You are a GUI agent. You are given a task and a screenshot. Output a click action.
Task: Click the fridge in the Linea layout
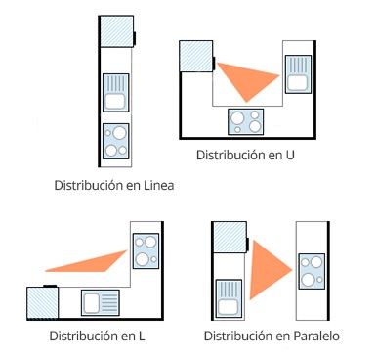[x=116, y=31]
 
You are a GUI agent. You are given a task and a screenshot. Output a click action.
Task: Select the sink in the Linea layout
[x=116, y=93]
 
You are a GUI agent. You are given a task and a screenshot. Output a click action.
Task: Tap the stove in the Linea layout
[x=116, y=142]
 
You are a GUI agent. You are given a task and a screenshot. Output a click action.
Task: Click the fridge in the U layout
[x=196, y=56]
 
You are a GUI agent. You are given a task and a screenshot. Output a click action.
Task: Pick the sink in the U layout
[x=298, y=74]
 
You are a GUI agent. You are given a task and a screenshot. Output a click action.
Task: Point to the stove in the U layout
[x=246, y=122]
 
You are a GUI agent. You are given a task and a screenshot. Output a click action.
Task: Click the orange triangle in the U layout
[x=248, y=80]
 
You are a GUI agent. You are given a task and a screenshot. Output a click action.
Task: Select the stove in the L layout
[x=146, y=250]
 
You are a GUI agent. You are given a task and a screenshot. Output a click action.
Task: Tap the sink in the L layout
[x=101, y=302]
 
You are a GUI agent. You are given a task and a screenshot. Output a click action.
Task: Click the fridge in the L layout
[x=43, y=302]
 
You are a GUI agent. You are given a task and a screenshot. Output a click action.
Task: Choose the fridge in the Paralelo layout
[x=230, y=237]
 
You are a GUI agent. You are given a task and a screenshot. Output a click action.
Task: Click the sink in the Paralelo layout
[x=229, y=298]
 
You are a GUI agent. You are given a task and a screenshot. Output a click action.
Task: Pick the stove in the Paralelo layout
[x=312, y=271]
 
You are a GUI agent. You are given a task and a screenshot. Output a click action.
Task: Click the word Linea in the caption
[x=158, y=185]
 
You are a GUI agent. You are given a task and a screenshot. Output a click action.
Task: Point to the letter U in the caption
[x=290, y=155]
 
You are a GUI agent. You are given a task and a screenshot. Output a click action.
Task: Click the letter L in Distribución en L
[x=142, y=336]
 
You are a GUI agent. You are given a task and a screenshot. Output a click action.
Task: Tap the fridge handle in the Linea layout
[x=134, y=38]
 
